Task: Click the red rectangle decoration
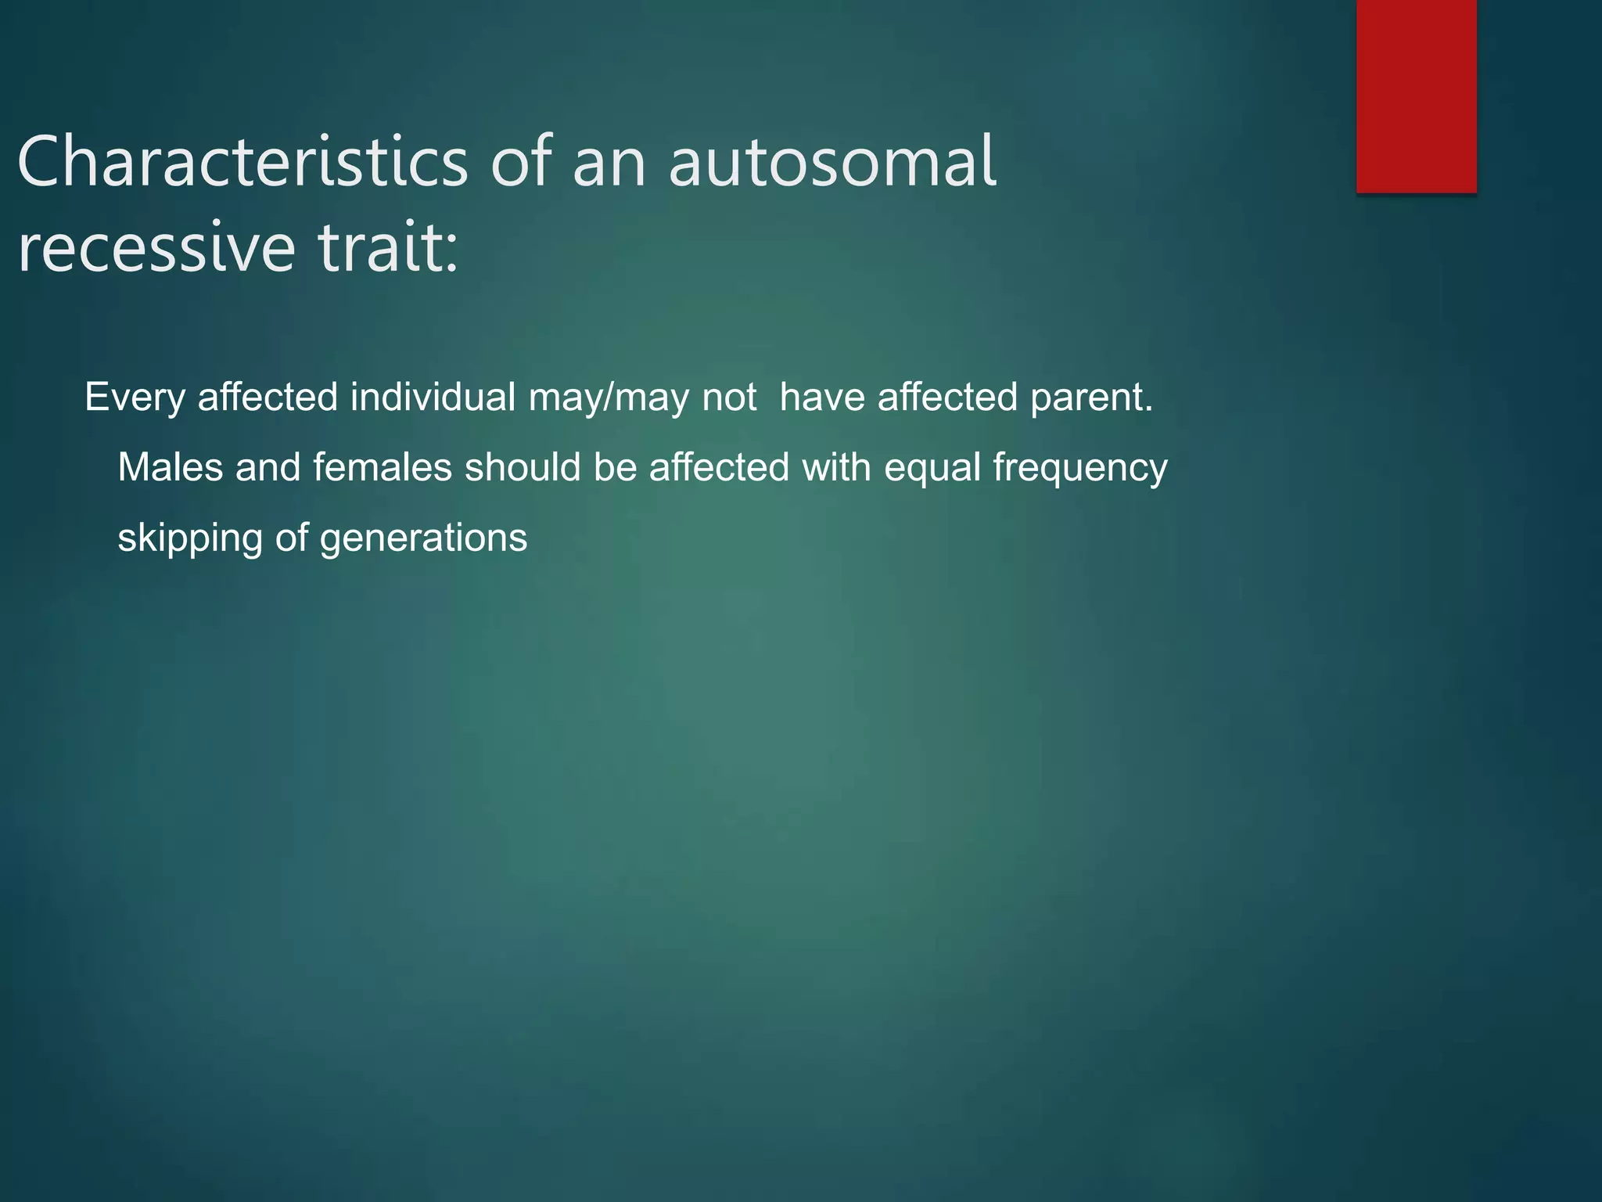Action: [x=1416, y=95]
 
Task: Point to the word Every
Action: [x=135, y=398]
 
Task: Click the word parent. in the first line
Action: [x=1091, y=398]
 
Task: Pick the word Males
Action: [x=171, y=468]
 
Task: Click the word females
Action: [x=383, y=468]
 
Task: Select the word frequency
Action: [x=1080, y=469]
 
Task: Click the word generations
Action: [x=423, y=538]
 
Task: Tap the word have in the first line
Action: [x=822, y=398]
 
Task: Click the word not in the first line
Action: [x=729, y=398]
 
